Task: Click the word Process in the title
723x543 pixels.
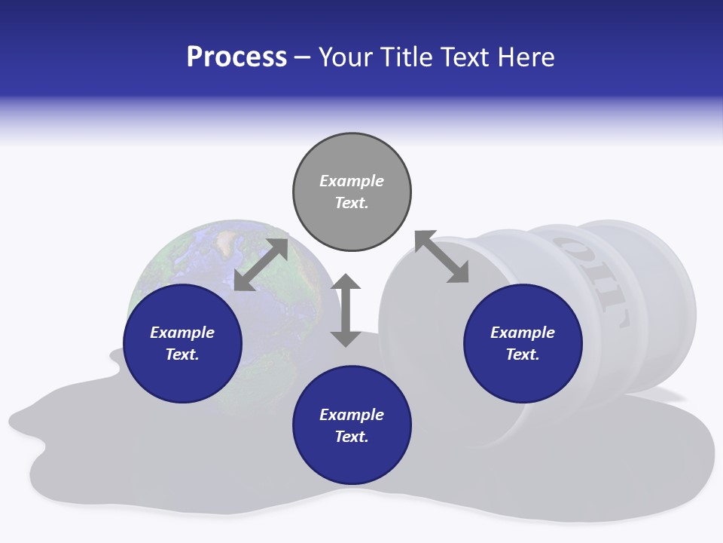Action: (236, 57)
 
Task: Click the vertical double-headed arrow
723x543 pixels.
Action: (346, 310)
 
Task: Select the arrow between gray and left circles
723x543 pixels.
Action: (261, 265)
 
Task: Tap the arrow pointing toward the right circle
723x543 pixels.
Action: (441, 256)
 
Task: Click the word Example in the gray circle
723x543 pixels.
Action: (352, 181)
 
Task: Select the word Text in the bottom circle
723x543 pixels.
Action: (352, 437)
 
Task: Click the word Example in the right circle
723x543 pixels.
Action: (523, 333)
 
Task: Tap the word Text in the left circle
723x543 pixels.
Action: (182, 354)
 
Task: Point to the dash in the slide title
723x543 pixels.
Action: (303, 57)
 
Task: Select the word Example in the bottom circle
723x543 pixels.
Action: (352, 415)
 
